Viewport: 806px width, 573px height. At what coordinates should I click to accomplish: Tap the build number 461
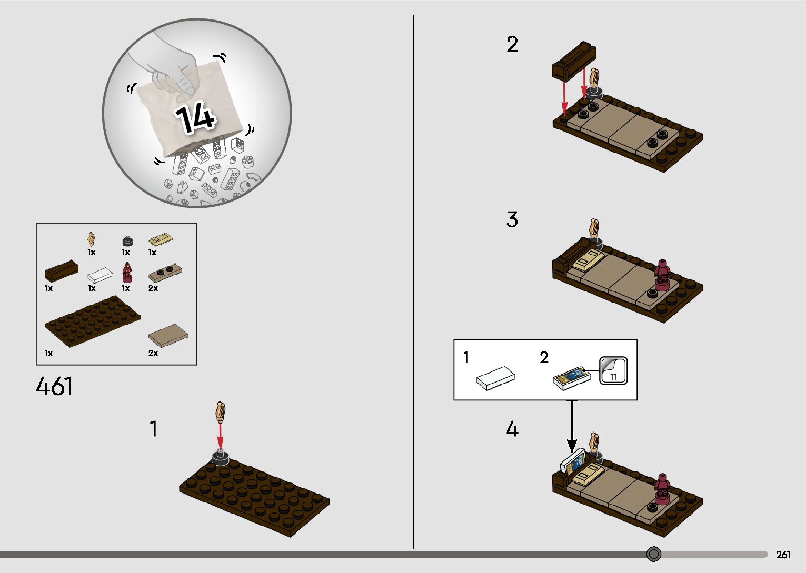click(x=54, y=386)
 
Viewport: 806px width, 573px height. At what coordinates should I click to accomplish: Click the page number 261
click(x=783, y=554)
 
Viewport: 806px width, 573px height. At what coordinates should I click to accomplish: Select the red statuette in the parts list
click(x=127, y=272)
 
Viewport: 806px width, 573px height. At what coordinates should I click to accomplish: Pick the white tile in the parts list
click(x=99, y=275)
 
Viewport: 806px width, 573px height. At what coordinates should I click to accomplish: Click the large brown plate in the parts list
click(x=93, y=321)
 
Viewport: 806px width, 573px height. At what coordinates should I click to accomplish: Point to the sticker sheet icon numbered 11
click(x=613, y=370)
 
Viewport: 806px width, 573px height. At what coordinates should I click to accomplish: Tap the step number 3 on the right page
click(x=512, y=219)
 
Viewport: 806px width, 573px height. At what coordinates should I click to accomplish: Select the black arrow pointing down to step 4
click(x=572, y=426)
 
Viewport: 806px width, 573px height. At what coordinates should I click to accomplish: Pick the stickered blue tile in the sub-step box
click(x=572, y=378)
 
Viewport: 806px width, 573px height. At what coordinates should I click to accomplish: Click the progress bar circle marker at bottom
click(x=653, y=554)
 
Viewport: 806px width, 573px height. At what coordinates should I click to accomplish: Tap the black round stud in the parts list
click(x=127, y=240)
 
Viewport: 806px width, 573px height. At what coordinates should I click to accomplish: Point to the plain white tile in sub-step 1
click(x=496, y=378)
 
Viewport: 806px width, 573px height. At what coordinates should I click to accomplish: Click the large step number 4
click(x=512, y=429)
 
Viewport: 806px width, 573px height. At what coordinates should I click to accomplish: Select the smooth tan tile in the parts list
click(x=168, y=335)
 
